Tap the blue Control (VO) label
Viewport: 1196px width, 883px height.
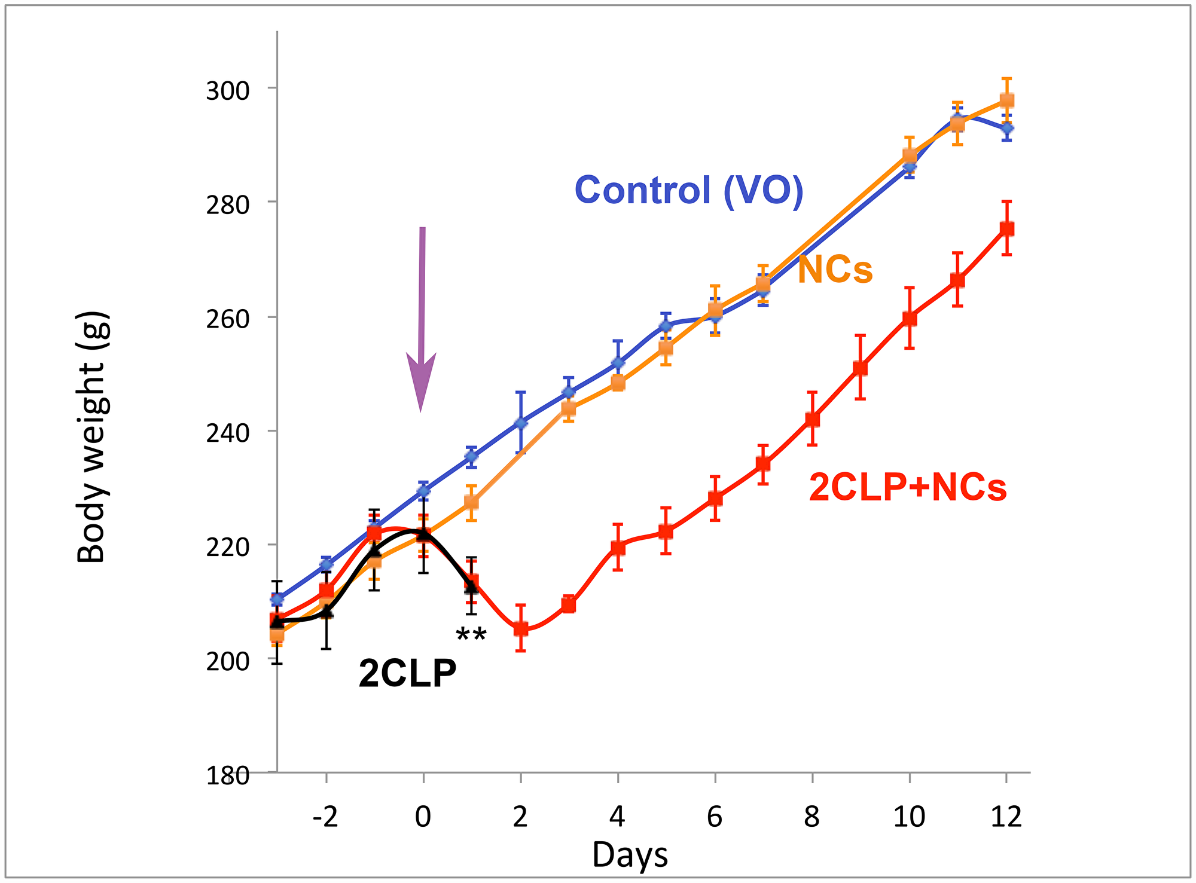(x=688, y=190)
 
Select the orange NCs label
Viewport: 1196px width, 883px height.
(x=835, y=270)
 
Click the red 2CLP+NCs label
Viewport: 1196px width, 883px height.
(x=907, y=487)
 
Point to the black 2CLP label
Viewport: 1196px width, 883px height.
(x=407, y=674)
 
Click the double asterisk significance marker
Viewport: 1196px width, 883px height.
(x=471, y=636)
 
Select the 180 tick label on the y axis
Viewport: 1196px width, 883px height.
(x=227, y=776)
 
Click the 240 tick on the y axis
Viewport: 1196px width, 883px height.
(x=227, y=432)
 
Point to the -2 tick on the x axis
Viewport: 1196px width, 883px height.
(x=326, y=817)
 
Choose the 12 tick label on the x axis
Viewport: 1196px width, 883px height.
(x=1006, y=817)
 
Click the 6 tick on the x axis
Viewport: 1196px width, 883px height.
(x=715, y=817)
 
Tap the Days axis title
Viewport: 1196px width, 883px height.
(x=630, y=855)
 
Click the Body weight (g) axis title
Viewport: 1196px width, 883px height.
(x=91, y=437)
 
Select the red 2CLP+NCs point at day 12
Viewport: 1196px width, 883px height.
(x=1006, y=228)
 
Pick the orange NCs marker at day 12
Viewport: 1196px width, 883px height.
(x=1006, y=100)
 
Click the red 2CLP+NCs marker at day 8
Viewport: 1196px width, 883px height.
(x=812, y=419)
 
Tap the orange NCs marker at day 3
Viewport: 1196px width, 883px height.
(x=569, y=409)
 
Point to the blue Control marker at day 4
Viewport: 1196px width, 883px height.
(x=618, y=363)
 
